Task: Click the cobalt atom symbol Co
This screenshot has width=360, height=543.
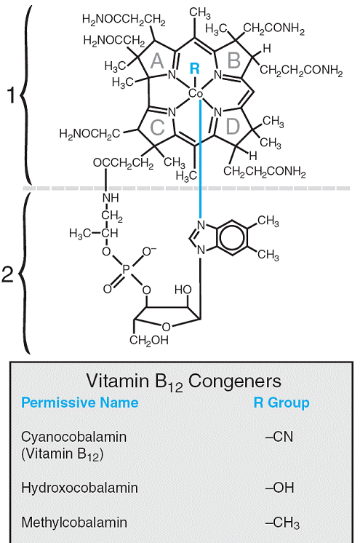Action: coord(196,93)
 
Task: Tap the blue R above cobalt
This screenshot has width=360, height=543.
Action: coord(195,68)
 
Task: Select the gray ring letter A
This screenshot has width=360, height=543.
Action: coord(157,61)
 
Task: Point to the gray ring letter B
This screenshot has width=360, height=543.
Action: coord(234,60)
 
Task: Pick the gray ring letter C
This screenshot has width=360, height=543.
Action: coord(158,127)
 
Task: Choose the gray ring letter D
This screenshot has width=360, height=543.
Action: coord(233,127)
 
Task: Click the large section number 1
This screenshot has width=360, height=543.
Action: coord(12,95)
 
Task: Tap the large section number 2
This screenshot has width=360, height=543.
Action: coord(7,274)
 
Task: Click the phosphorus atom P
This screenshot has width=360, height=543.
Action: coord(126,269)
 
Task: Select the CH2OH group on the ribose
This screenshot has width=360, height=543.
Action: coord(149,340)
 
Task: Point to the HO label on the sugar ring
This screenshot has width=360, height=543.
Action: coord(183,290)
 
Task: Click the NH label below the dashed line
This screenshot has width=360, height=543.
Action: coord(111,198)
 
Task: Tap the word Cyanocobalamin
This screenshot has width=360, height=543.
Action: coord(73,437)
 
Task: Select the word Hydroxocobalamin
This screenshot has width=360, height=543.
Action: coord(79,488)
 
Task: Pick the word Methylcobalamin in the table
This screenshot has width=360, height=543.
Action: coord(74,522)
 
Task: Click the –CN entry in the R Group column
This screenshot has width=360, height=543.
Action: coord(279,437)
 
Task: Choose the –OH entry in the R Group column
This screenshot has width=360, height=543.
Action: coord(280,488)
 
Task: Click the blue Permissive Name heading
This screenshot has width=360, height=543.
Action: coord(79,403)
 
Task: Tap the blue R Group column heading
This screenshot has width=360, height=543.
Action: coord(281,403)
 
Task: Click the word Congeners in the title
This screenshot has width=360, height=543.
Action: coord(235,381)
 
